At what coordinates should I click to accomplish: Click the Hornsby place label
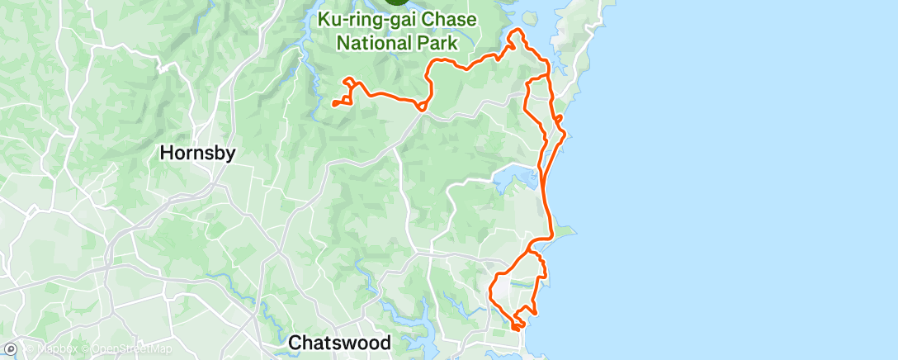click(197, 153)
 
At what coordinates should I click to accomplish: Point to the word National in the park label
click(375, 41)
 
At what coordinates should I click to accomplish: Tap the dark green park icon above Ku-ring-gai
click(398, 2)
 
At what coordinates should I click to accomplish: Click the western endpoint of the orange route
click(333, 103)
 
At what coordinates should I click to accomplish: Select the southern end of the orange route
click(514, 328)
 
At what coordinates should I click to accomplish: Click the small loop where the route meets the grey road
click(422, 106)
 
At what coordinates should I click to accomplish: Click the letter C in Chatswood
click(295, 341)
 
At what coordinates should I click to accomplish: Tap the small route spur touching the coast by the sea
click(560, 121)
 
